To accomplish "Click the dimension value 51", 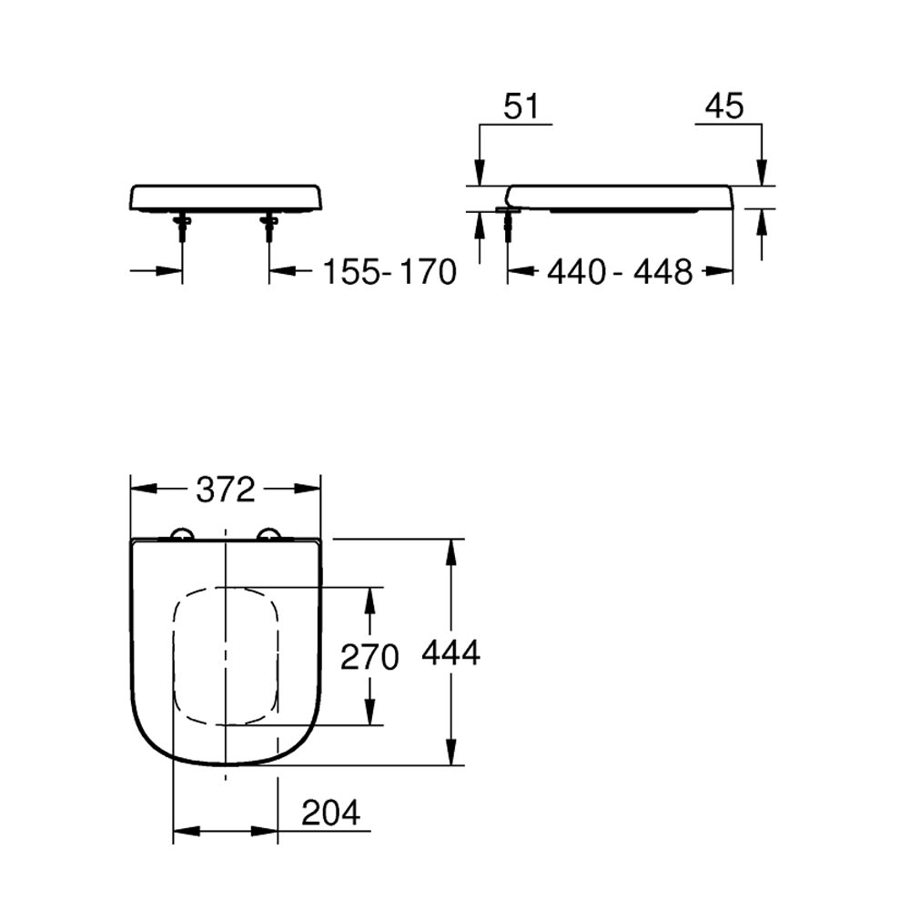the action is [x=521, y=106].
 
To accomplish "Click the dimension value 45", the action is [x=724, y=106].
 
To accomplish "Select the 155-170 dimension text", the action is [x=389, y=271].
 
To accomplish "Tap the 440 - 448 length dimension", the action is [x=620, y=271].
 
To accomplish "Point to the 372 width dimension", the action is [x=226, y=490].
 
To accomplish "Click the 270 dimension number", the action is [x=369, y=657].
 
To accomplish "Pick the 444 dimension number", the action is [x=451, y=652].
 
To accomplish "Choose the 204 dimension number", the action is [x=331, y=813].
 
